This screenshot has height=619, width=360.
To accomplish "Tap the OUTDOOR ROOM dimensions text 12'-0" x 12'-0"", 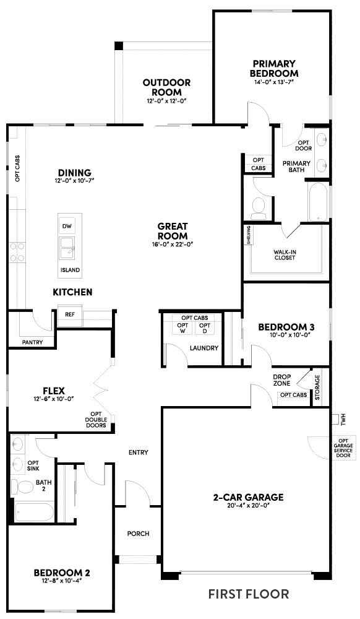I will pos(166,100).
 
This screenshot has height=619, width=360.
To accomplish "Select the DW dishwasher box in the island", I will pos(68,227).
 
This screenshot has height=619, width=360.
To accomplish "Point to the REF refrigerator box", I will pos(69,314).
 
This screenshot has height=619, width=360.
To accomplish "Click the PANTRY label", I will pos(32,341).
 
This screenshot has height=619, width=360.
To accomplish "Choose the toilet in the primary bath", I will pos(258,207).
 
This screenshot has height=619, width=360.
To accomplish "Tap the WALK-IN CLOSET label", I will pos(285,255).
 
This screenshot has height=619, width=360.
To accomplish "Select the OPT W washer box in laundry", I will pos(183,329).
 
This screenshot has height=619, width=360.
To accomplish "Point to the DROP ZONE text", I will pos(282,379).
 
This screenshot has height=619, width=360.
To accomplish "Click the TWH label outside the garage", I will pos(343,420).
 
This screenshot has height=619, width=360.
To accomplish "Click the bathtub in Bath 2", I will pos(34,513).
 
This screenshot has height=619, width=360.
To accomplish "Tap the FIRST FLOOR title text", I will pos(248,594).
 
